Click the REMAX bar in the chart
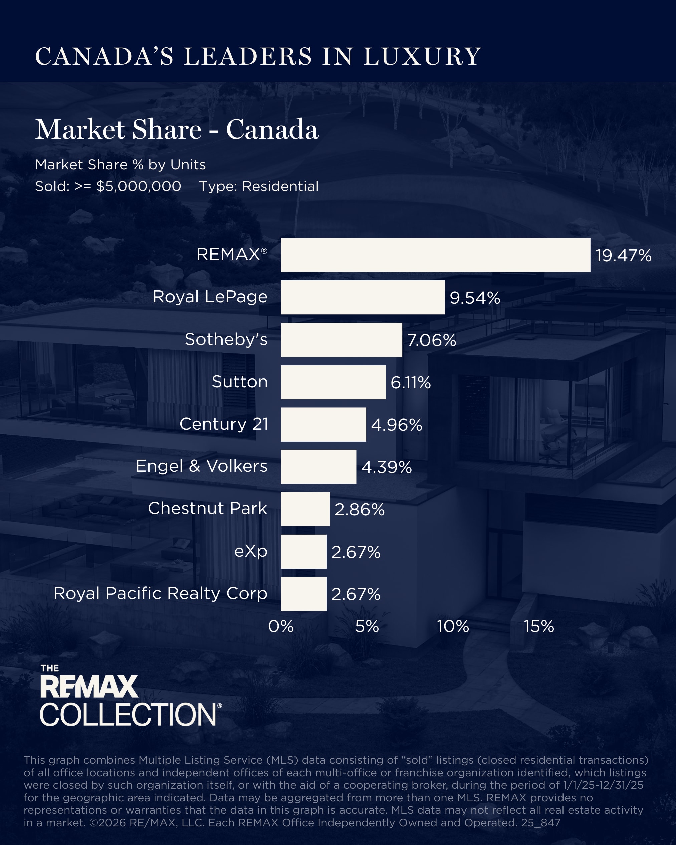[435, 255]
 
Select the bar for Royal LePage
[363, 297]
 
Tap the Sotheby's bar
[341, 340]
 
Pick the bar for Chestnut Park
[305, 509]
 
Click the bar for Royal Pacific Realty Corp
[304, 594]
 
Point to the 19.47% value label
[623, 255]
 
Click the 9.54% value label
[475, 298]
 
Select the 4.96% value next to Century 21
[397, 425]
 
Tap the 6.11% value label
[410, 383]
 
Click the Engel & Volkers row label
[201, 466]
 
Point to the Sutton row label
[239, 381]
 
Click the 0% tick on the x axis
[281, 626]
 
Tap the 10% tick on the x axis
[453, 626]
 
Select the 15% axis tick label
[539, 626]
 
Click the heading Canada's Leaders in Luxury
[258, 56]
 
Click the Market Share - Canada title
[177, 129]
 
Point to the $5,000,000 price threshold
[139, 186]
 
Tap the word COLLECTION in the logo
[128, 714]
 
